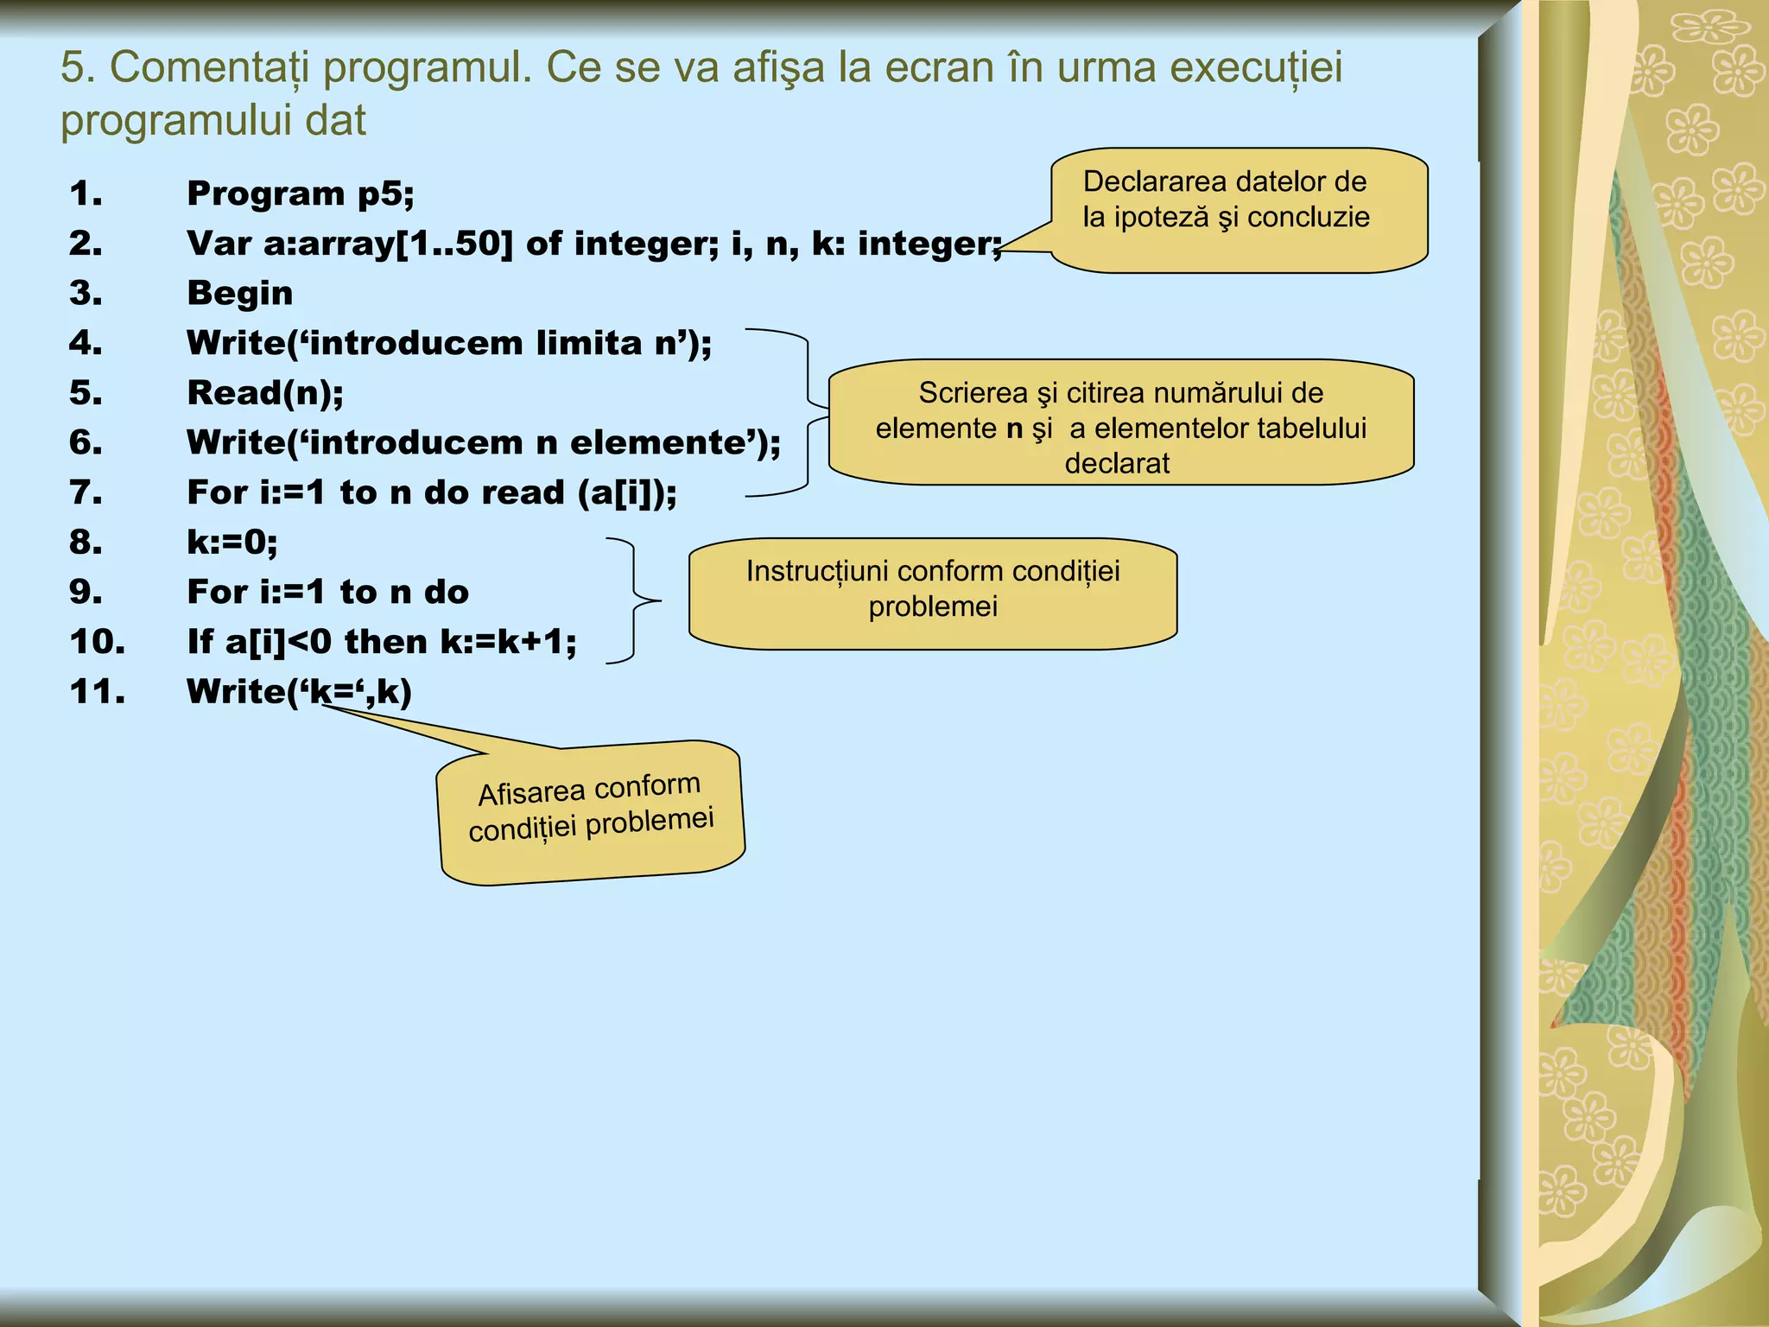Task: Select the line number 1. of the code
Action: pyautogui.click(x=86, y=194)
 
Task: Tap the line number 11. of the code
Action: pyautogui.click(x=97, y=691)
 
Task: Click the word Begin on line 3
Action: pyautogui.click(x=240, y=294)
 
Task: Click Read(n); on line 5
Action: pyautogui.click(x=265, y=393)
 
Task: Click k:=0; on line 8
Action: pyautogui.click(x=232, y=543)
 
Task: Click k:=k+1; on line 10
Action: pyautogui.click(x=508, y=642)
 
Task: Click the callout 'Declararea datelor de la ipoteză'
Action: pyautogui.click(x=1238, y=210)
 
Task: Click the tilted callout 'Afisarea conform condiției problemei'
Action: pyautogui.click(x=592, y=812)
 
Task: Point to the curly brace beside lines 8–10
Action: pyautogui.click(x=636, y=600)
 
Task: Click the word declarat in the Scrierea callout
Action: pyautogui.click(x=1117, y=464)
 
